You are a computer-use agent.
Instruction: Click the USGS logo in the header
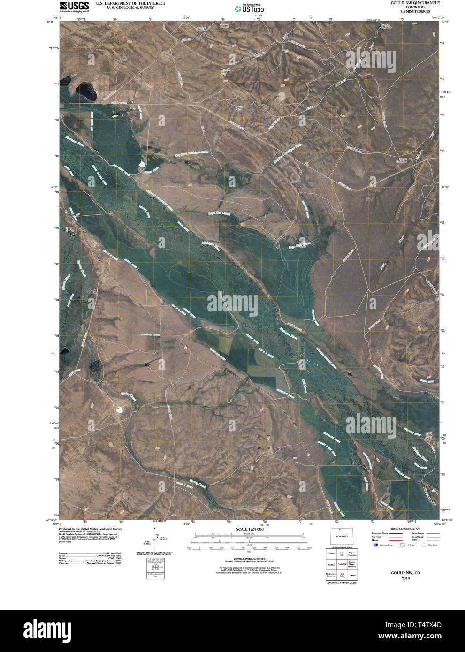[x=74, y=6]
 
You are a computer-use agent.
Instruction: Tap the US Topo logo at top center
[x=250, y=8]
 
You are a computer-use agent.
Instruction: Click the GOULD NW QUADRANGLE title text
[x=415, y=3]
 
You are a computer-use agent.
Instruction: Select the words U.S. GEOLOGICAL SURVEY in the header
[x=130, y=8]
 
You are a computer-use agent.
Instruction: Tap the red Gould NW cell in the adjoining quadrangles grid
[x=342, y=564]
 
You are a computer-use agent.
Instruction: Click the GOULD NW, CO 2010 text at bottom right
[x=405, y=575]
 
